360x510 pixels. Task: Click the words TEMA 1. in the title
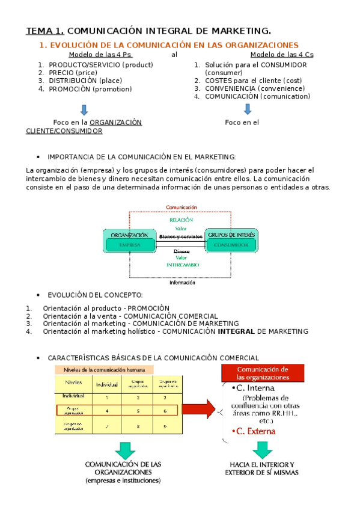pos(44,31)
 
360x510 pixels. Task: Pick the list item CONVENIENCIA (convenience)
pos(249,88)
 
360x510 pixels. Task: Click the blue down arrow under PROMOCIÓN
pos(84,109)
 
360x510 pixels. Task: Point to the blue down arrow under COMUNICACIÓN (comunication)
pos(248,109)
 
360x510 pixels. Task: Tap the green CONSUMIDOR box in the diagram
pos(231,245)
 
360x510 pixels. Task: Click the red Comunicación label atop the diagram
pos(182,207)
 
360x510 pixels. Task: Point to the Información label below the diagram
pos(182,282)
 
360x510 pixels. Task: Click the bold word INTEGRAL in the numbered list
pos(236,331)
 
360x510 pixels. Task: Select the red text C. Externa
pos(255,431)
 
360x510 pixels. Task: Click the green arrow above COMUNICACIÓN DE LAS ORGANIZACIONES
pos(126,449)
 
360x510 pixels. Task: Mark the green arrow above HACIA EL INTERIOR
pos(263,449)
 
